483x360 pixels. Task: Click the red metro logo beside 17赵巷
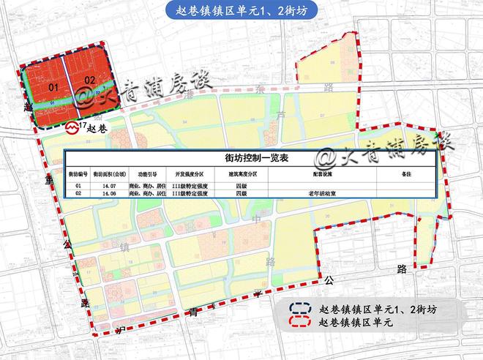point(72,127)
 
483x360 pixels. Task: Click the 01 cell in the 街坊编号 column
point(78,187)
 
